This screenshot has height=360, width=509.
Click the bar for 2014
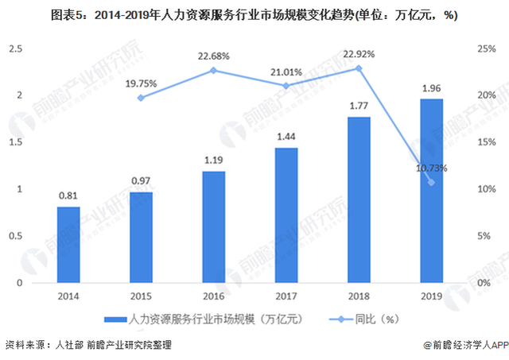[x=68, y=245]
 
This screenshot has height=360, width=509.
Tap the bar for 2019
[x=432, y=191]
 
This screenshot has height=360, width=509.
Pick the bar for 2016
[x=214, y=226]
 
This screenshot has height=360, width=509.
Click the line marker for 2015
[x=141, y=98]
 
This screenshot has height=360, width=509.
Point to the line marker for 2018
[x=359, y=68]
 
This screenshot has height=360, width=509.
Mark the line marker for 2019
[x=432, y=183]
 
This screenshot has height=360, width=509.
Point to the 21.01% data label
[x=286, y=72]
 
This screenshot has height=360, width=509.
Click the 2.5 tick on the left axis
[x=15, y=48]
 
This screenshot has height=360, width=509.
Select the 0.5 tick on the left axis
[x=15, y=236]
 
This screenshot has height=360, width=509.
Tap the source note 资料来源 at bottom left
[x=87, y=346]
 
